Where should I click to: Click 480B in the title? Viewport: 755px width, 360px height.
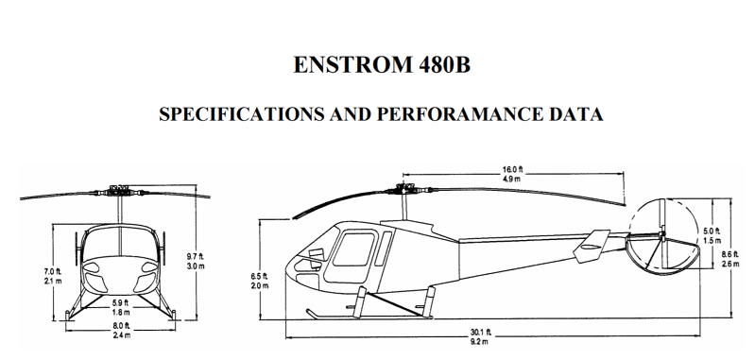click(444, 65)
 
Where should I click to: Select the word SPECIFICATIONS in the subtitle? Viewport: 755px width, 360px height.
click(242, 114)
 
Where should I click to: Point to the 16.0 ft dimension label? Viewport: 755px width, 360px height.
click(512, 169)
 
